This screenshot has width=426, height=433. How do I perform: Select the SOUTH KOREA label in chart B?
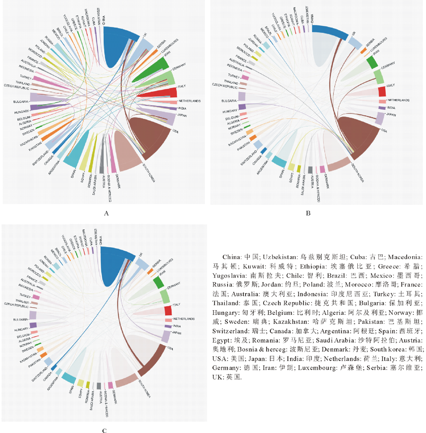point(358,171)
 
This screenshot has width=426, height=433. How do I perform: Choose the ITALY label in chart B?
point(390,86)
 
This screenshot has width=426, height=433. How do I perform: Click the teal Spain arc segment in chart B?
point(279,162)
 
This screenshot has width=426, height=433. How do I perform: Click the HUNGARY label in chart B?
point(228,111)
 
